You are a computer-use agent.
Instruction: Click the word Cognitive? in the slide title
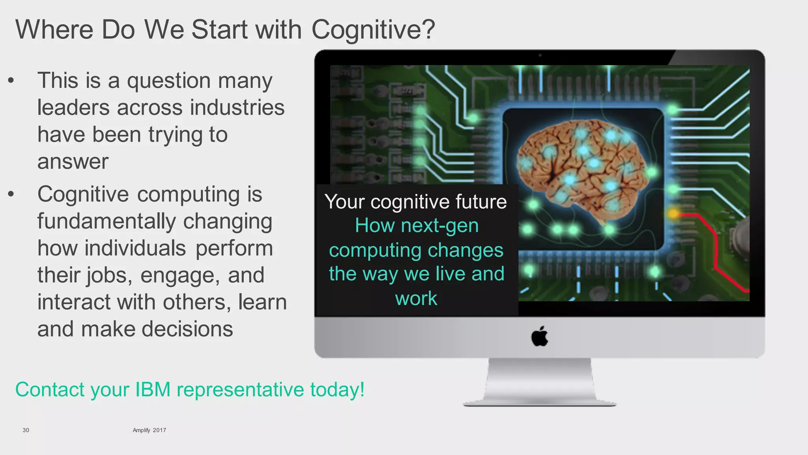(373, 30)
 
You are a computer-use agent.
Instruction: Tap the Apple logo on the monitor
(539, 337)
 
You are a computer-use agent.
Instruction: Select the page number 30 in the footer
(26, 430)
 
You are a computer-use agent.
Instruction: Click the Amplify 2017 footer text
(149, 430)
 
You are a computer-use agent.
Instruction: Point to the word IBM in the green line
(153, 389)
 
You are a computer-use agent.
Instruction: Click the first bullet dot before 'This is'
(11, 81)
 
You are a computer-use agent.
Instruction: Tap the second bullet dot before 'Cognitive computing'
(11, 194)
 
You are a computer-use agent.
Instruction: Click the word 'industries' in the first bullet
(237, 107)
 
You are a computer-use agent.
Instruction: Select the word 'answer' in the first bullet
(73, 162)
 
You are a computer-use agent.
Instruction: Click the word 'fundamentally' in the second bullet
(106, 221)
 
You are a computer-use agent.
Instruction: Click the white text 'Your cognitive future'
(415, 201)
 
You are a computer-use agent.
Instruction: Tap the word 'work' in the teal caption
(416, 298)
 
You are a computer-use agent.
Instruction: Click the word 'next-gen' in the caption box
(440, 226)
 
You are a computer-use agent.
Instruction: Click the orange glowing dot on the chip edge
(673, 214)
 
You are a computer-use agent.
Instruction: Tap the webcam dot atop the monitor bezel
(540, 55)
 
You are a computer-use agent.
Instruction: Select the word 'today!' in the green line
(337, 389)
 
